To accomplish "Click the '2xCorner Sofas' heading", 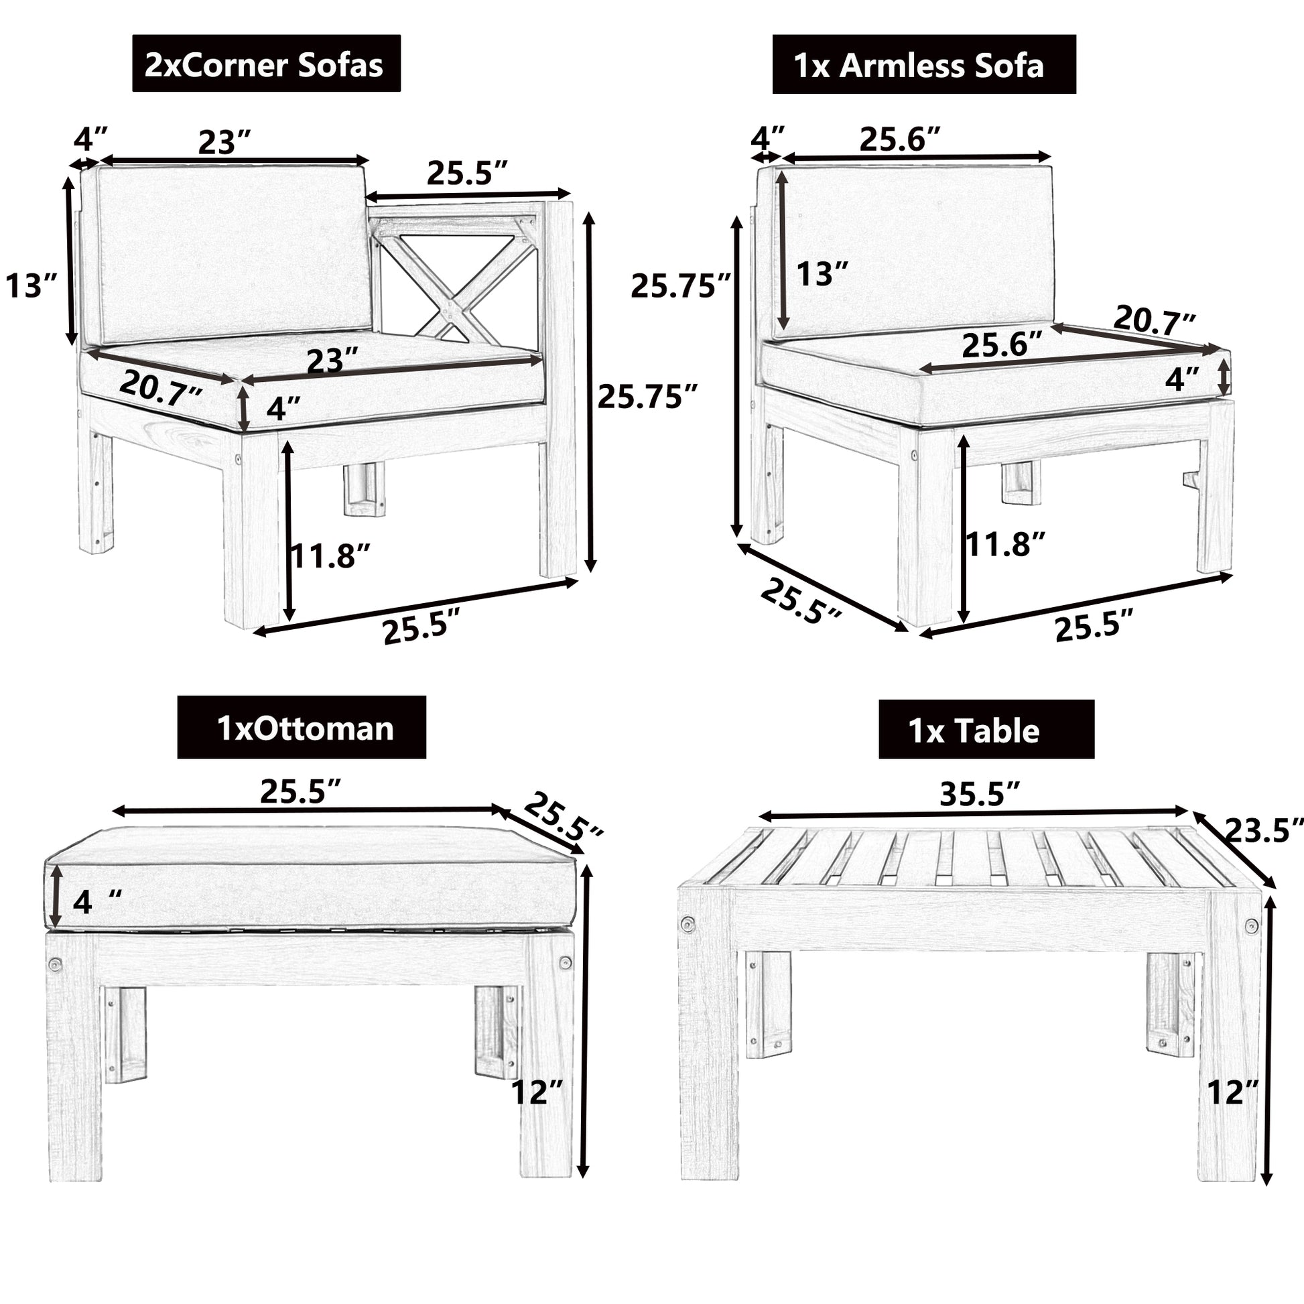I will tap(265, 65).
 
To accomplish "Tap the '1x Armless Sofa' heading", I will tap(923, 66).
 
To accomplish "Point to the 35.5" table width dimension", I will tap(980, 795).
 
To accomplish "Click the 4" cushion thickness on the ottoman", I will tap(96, 902).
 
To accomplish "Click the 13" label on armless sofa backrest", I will tap(822, 274).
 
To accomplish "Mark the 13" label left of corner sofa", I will tap(31, 285).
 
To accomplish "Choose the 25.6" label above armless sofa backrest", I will tap(899, 139).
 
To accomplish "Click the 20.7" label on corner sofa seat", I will tap(161, 390).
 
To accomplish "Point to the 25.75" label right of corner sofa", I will tap(646, 396).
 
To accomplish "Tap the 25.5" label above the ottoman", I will tap(300, 791).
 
